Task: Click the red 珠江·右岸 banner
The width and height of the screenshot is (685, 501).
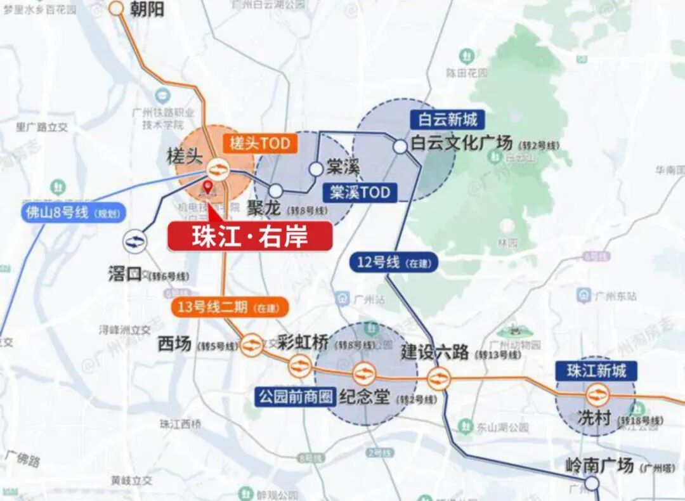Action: pos(250,237)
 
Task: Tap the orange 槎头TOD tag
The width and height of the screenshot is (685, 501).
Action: pos(259,144)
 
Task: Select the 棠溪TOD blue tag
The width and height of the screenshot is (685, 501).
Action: pos(360,192)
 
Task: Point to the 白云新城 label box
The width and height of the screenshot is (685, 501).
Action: pos(448,119)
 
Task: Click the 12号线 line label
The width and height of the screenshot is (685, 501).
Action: pos(393,262)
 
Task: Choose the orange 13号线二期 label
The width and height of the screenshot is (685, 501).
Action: pos(230,308)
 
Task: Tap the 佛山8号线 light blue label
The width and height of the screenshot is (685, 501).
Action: pos(72,212)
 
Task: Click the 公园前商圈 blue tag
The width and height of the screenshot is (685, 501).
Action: pos(296,398)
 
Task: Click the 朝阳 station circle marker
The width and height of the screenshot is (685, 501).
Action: pos(116,8)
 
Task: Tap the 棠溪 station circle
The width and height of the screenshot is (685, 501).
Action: pos(316,169)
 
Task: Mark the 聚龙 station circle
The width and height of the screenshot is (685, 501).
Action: pos(275,190)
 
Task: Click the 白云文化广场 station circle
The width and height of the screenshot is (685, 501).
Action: pos(400,146)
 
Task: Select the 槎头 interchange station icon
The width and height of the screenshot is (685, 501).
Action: pos(217,169)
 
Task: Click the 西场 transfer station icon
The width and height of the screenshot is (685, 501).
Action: pos(252,345)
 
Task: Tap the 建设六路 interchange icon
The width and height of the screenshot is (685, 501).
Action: pos(438,379)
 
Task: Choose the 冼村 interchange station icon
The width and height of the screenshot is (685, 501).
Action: pos(597,395)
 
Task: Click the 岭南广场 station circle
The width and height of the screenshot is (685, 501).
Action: pos(591,484)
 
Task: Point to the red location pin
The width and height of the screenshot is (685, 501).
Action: pos(207,187)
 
